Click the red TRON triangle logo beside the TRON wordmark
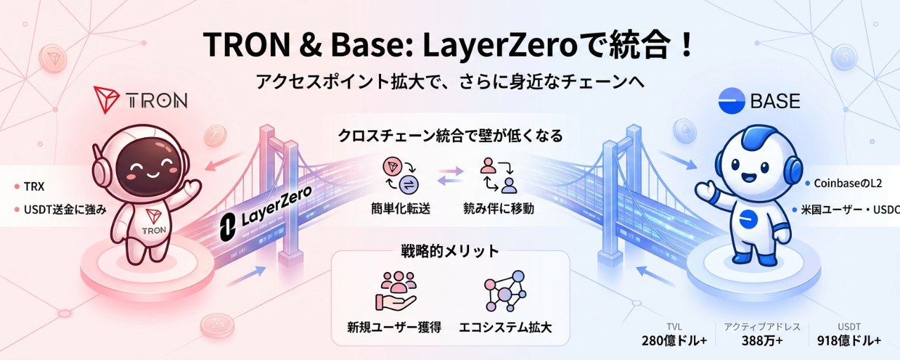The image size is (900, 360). click(106, 99)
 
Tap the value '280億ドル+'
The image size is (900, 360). click(674, 341)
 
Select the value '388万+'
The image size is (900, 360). click(762, 341)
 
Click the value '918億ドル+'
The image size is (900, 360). click(849, 341)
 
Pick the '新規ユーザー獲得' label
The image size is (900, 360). click(394, 327)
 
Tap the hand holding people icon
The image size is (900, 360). click(397, 291)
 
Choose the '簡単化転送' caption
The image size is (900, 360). click(401, 209)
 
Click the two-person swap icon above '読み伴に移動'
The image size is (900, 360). click(499, 175)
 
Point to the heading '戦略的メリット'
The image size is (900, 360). click(449, 251)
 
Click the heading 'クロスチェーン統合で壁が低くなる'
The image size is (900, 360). click(450, 136)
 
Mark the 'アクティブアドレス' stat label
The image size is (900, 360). click(762, 327)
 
